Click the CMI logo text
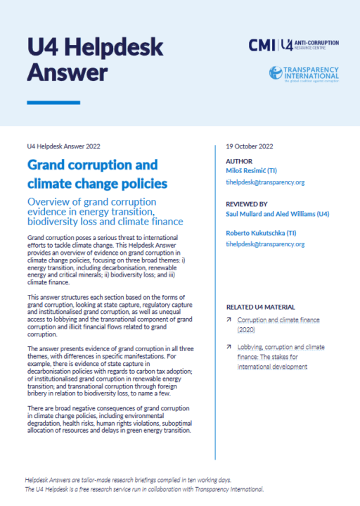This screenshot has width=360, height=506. pyautogui.click(x=262, y=45)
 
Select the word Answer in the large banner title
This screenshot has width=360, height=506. pyautogui.click(x=67, y=71)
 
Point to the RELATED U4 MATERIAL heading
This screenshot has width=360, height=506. pyautogui.click(x=260, y=308)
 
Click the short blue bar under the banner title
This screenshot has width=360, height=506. pyautogui.click(x=53, y=103)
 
